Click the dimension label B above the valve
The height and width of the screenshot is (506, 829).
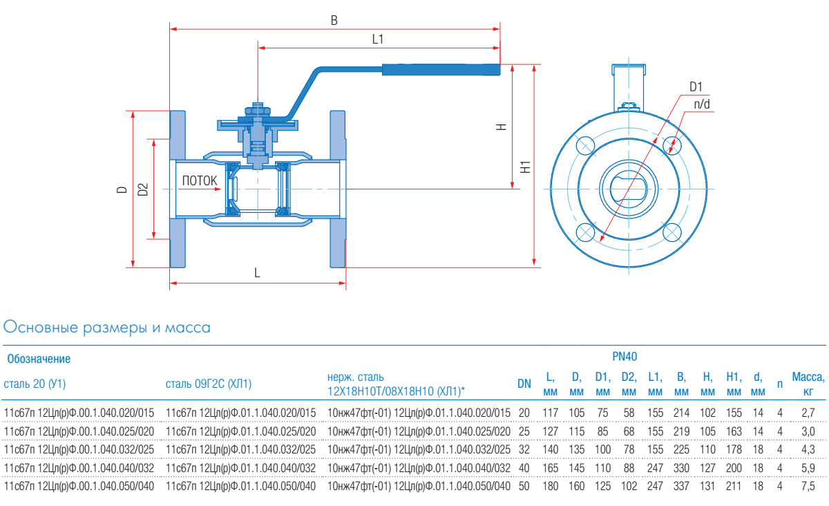click(x=334, y=21)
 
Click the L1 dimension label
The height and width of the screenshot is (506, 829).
click(x=377, y=39)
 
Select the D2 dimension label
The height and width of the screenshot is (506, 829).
click(x=143, y=189)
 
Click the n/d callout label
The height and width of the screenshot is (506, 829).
click(x=702, y=104)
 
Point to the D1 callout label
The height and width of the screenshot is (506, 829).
click(x=696, y=87)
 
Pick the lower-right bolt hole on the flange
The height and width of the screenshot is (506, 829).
click(x=671, y=232)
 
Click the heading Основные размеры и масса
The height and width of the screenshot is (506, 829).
click(x=107, y=327)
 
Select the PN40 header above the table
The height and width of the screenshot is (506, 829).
click(x=625, y=357)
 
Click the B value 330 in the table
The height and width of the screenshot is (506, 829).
click(x=681, y=467)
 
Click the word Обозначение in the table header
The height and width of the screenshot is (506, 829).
click(x=39, y=359)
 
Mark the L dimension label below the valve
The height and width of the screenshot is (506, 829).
click(x=257, y=273)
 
